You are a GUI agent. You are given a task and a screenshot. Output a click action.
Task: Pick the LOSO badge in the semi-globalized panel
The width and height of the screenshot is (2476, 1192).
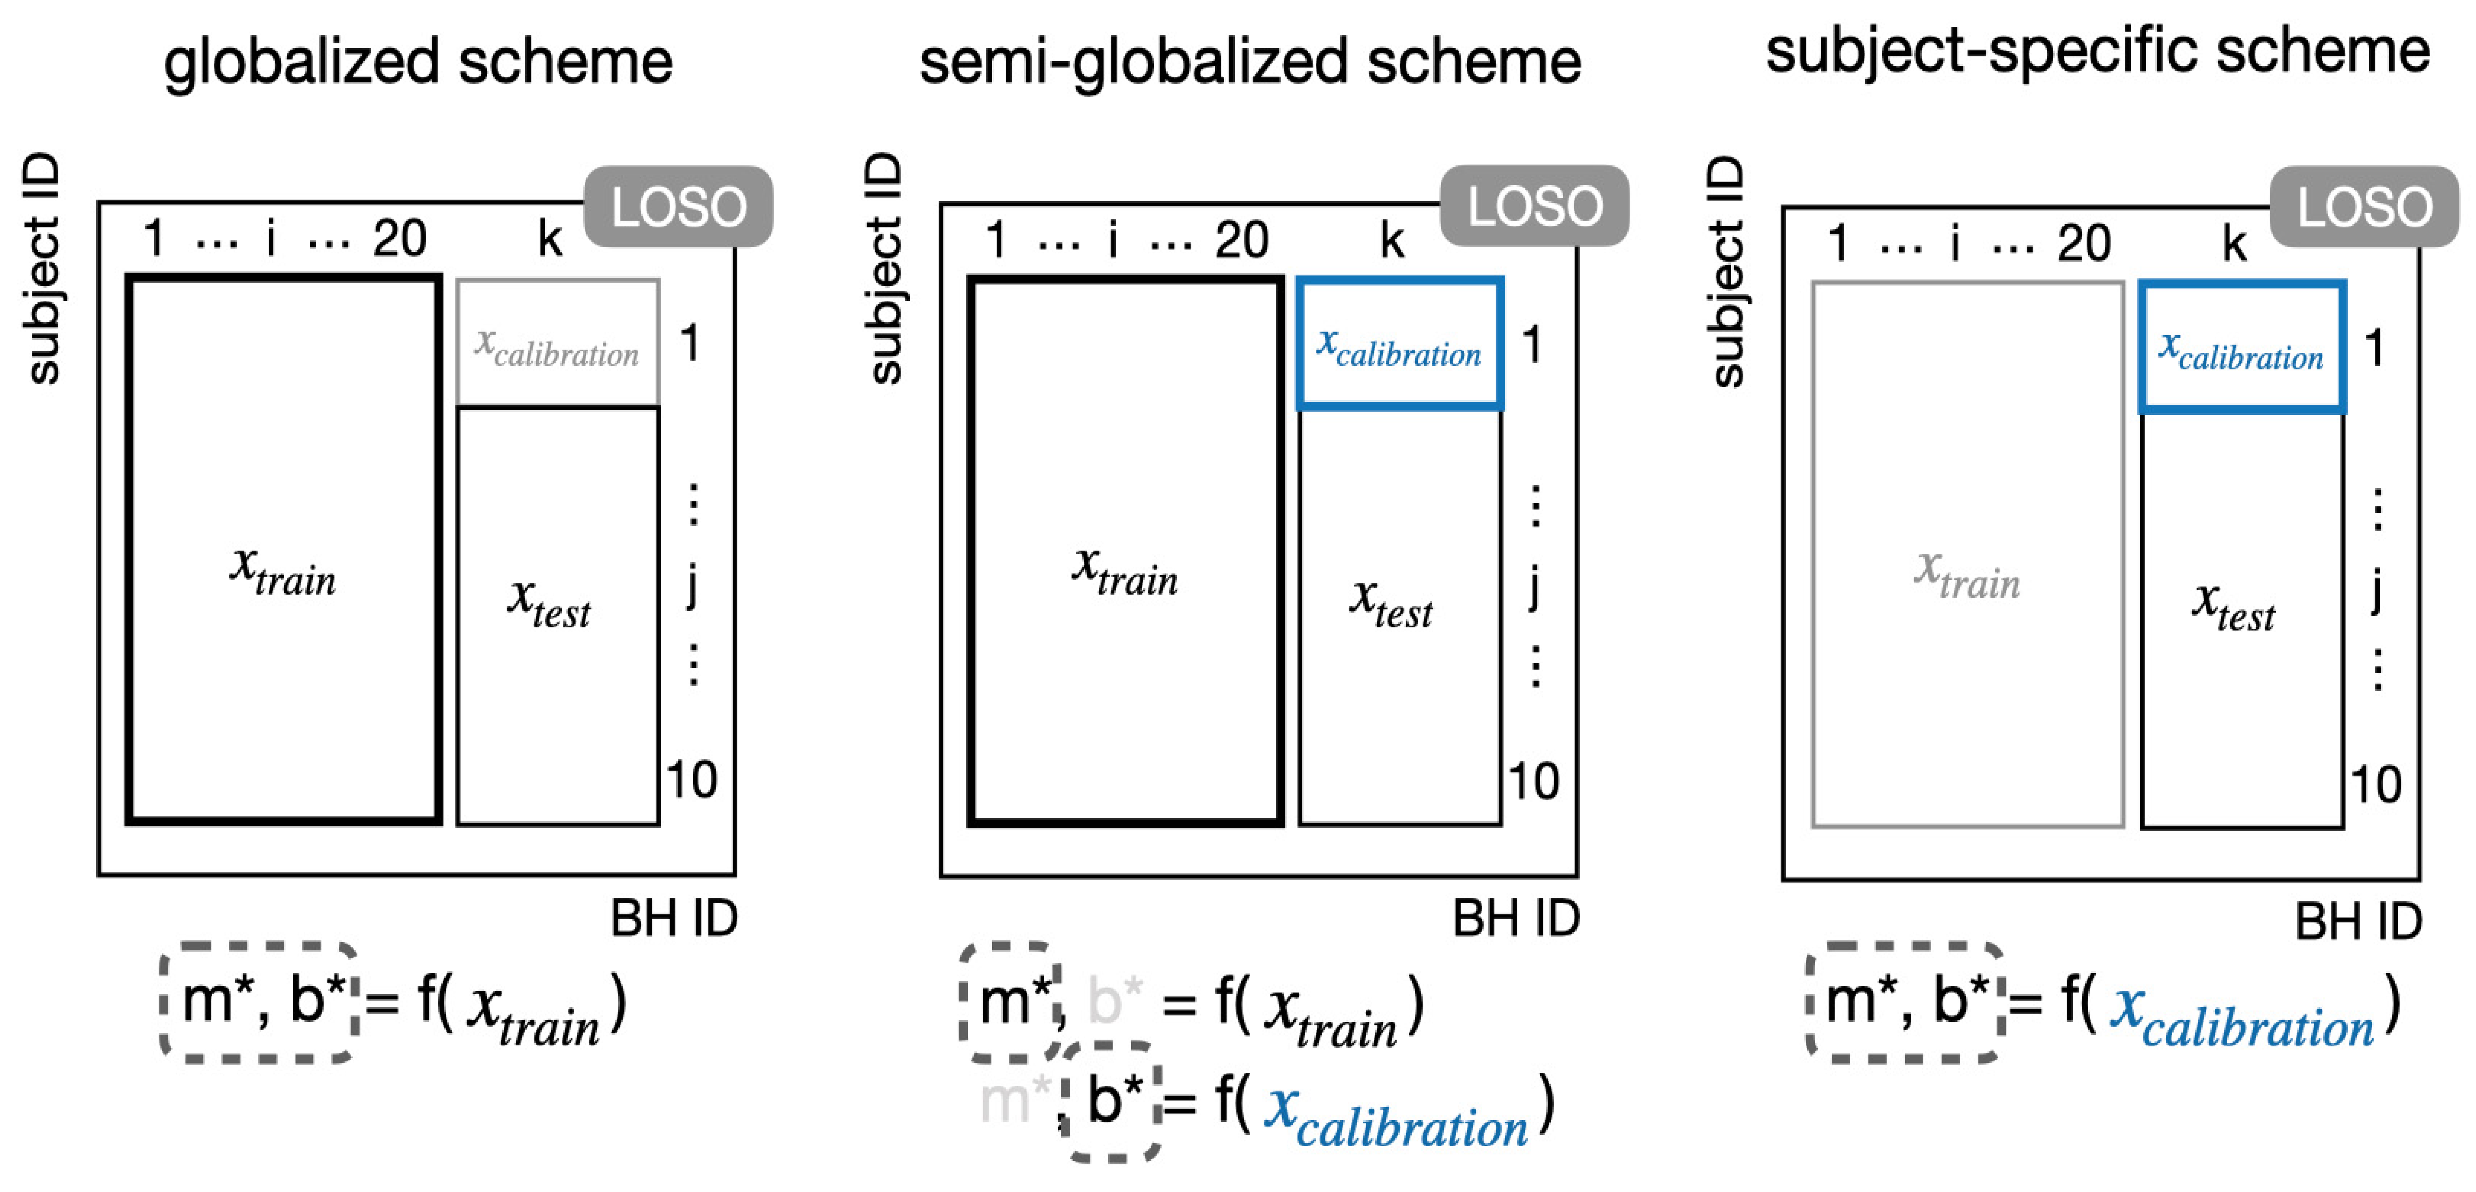coord(1534,206)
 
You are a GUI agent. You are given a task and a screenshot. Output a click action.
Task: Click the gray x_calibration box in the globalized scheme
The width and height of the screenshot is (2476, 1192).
coord(557,343)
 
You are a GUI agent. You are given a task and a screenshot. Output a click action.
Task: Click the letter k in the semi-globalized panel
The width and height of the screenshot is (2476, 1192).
coord(1392,240)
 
